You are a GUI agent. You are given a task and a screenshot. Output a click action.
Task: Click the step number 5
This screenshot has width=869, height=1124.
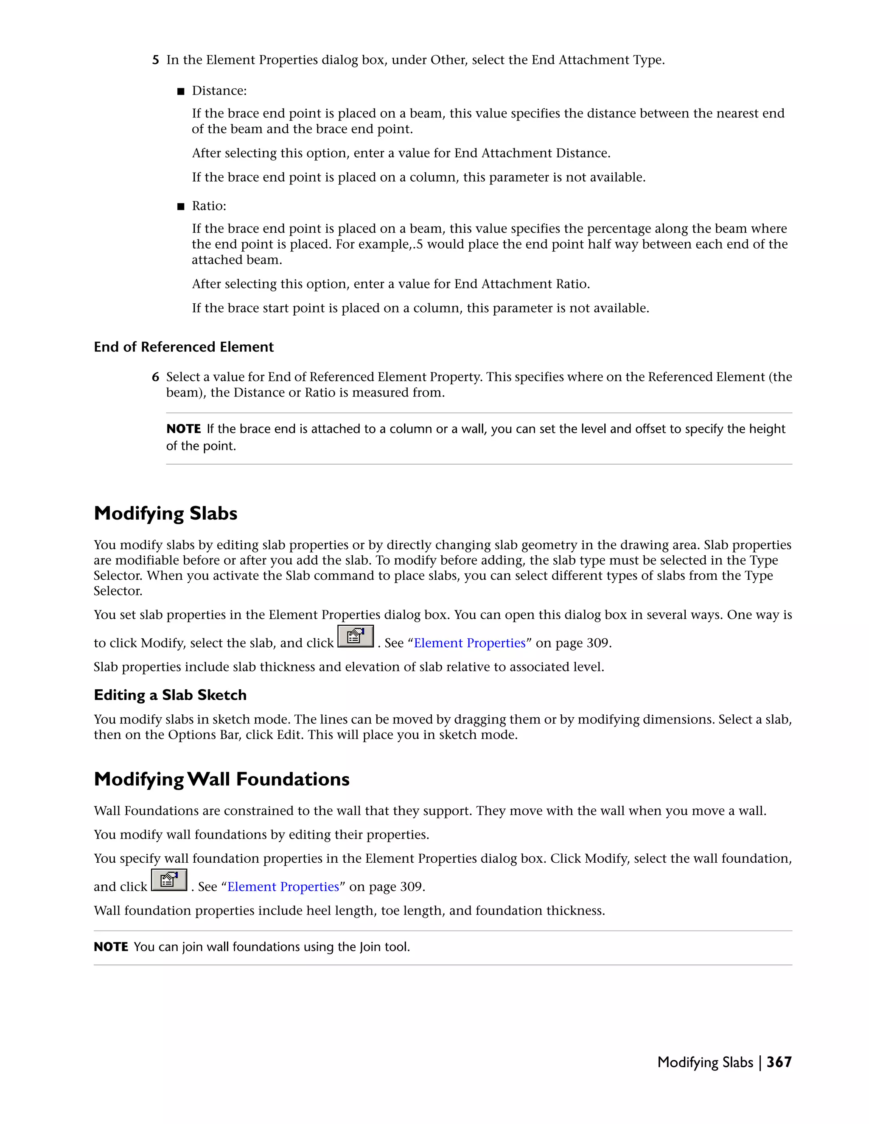[155, 60]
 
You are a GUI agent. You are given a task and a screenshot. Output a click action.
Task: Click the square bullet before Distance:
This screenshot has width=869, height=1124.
[180, 92]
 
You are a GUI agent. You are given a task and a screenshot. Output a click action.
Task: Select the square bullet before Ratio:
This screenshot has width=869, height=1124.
[180, 207]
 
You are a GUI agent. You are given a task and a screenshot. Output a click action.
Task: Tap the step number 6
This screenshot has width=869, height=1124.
[155, 377]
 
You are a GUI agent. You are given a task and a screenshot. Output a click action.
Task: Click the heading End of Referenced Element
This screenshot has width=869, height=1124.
[183, 347]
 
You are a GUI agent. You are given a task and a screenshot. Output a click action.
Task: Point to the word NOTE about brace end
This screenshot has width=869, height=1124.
[183, 429]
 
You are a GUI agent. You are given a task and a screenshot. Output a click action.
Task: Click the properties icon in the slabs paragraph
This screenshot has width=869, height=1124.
[355, 637]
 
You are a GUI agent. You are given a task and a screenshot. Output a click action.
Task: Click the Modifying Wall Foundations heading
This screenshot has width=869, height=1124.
[221, 779]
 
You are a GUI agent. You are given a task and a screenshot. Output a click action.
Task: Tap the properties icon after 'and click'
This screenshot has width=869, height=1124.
[169, 880]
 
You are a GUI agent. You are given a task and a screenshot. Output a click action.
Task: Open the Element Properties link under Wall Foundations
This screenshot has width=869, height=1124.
[283, 887]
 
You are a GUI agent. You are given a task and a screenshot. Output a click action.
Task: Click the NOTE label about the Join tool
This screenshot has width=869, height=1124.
[111, 947]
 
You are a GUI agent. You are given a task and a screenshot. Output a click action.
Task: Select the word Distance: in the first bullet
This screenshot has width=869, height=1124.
[219, 91]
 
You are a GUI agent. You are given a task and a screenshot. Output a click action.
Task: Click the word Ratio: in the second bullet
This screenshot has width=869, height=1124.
[209, 207]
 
